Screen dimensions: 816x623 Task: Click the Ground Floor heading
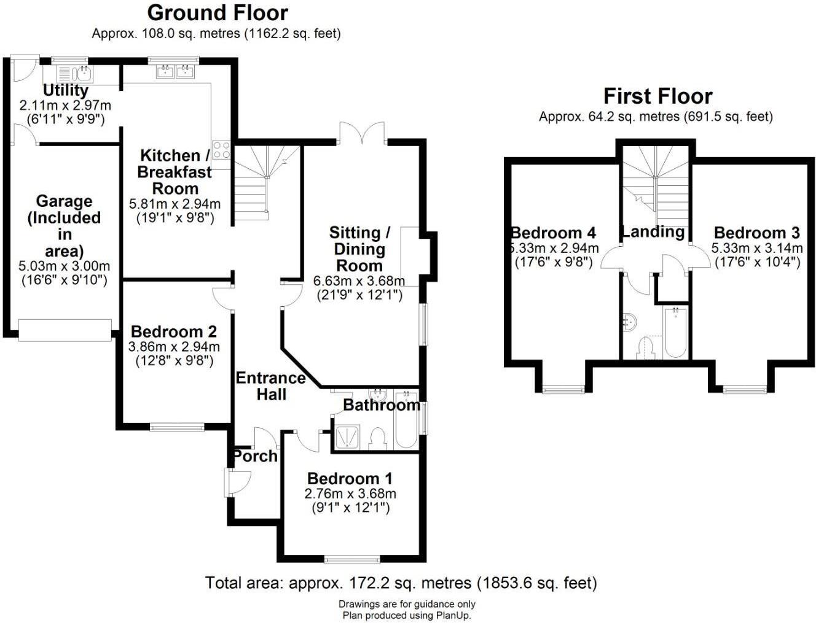218,14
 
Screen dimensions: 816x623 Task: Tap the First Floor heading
657,96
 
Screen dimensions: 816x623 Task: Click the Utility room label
66,90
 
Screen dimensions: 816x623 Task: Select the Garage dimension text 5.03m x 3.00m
65,266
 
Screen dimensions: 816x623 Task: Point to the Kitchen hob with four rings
221,150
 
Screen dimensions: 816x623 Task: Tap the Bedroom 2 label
174,331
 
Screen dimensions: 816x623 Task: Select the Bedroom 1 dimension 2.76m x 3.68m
350,493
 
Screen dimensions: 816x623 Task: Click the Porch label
256,456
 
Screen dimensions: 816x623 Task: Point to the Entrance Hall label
271,386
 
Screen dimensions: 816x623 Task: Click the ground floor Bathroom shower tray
347,438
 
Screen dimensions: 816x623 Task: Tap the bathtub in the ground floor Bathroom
406,420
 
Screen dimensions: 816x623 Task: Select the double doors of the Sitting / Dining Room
363,133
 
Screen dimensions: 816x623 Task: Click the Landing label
653,232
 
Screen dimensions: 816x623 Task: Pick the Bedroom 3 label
757,233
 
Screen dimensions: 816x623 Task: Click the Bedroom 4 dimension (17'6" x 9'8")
554,263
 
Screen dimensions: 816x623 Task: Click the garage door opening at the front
65,330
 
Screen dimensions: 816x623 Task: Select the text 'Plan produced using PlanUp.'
407,615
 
